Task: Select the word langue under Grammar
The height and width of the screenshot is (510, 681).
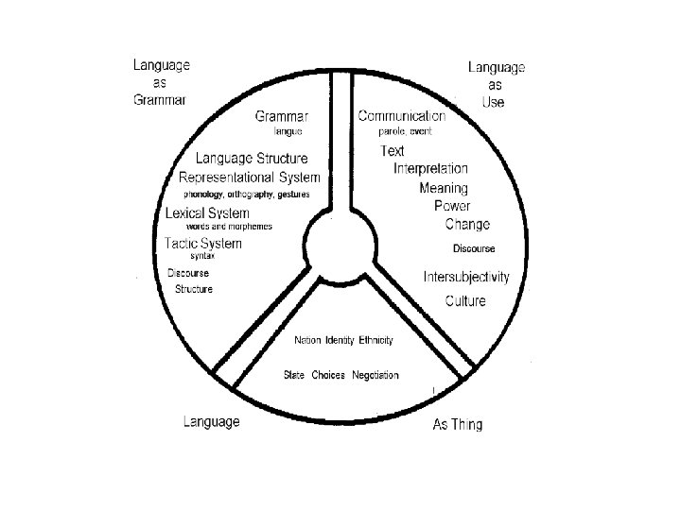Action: (x=288, y=132)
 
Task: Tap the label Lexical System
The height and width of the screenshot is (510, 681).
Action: (x=207, y=213)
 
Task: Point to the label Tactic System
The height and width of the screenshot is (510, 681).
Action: (x=202, y=244)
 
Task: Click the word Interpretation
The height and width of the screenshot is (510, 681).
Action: (x=430, y=169)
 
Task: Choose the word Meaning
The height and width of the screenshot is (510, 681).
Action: (x=443, y=188)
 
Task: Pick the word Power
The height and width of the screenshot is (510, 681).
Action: (x=452, y=206)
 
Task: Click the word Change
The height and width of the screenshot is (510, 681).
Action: (x=467, y=225)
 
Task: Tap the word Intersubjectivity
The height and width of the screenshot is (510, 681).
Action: (x=466, y=278)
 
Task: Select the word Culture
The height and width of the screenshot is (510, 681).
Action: (x=465, y=301)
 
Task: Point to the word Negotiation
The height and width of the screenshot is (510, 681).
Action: (x=375, y=375)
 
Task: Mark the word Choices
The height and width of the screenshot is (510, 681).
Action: (x=328, y=375)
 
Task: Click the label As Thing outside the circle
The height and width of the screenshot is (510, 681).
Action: (x=457, y=425)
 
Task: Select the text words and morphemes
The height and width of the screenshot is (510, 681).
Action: (x=229, y=227)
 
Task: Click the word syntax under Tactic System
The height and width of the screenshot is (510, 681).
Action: (x=201, y=257)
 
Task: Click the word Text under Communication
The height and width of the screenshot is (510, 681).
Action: (x=392, y=151)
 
